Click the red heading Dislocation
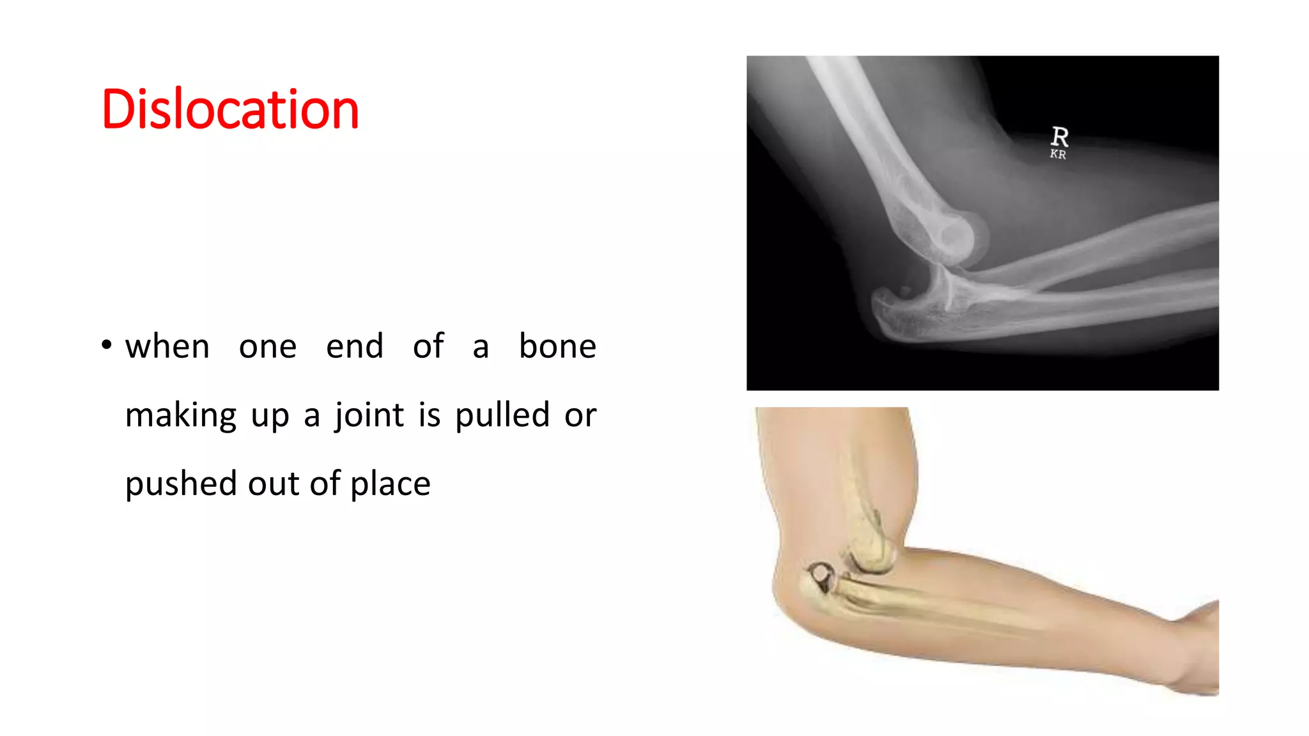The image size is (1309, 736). pyautogui.click(x=230, y=110)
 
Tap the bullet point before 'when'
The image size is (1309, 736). pyautogui.click(x=107, y=346)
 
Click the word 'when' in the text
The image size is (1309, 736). pyautogui.click(x=167, y=347)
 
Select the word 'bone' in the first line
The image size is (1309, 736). pyautogui.click(x=557, y=346)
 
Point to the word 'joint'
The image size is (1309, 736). pyautogui.click(x=369, y=416)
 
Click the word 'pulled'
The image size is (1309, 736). pyautogui.click(x=502, y=415)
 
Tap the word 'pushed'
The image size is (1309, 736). pyautogui.click(x=181, y=484)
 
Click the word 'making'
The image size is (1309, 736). pyautogui.click(x=181, y=416)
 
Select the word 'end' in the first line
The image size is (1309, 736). pyautogui.click(x=355, y=346)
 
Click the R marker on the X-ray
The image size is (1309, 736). pyautogui.click(x=1059, y=136)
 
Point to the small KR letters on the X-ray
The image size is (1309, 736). pyautogui.click(x=1058, y=155)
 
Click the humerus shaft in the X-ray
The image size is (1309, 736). pyautogui.click(x=863, y=128)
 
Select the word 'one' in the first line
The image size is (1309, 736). pyautogui.click(x=268, y=347)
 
